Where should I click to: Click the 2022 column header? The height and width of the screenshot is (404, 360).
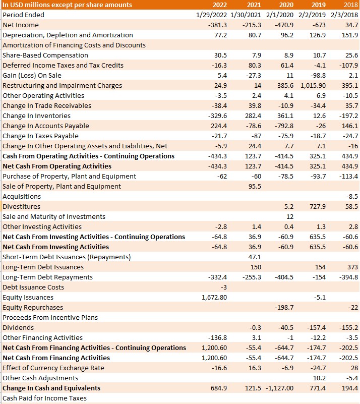click(220, 5)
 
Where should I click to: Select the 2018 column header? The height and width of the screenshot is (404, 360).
click(351, 5)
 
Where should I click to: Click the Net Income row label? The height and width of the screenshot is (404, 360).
click(21, 25)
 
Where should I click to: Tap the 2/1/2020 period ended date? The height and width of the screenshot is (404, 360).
click(280, 15)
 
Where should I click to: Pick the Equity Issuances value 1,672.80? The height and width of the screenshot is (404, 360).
click(214, 298)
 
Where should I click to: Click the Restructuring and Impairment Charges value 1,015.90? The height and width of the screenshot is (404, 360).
click(313, 86)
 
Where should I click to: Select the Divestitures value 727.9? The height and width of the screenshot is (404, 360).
click(318, 207)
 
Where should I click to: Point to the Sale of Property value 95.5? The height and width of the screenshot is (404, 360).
click(255, 187)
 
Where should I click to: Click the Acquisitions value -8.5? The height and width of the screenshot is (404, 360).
click(352, 197)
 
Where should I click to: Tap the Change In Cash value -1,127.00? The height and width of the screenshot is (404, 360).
click(279, 388)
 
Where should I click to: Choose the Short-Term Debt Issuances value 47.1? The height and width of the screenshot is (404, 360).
click(255, 257)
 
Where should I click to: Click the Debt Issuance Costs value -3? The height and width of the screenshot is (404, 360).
click(223, 287)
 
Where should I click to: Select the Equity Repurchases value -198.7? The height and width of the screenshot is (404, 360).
click(284, 307)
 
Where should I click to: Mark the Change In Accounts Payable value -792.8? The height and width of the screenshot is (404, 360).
click(284, 126)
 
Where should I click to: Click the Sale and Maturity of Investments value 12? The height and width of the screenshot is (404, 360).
click(290, 217)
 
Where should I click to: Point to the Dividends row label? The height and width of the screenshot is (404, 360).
click(18, 328)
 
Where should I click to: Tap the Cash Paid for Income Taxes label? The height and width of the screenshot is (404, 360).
click(44, 398)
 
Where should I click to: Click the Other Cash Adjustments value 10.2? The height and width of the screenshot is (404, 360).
click(319, 378)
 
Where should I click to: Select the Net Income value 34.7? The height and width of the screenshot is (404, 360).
click(352, 25)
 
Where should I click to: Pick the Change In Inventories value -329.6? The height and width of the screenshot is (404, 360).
click(217, 116)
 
